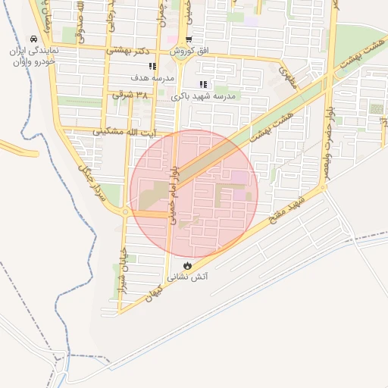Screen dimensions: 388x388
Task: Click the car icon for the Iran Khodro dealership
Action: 33,39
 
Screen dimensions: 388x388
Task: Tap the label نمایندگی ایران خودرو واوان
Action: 33,56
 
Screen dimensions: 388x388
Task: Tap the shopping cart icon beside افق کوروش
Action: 189,40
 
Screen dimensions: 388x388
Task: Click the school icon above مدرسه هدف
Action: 153,66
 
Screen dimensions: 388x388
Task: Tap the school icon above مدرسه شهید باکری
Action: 202,85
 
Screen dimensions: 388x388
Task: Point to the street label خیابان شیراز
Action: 119,261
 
